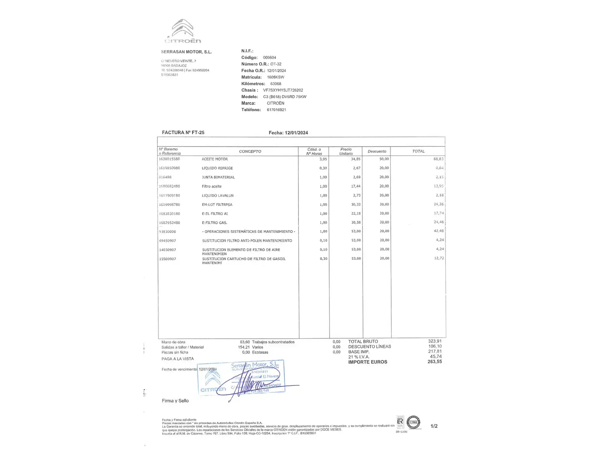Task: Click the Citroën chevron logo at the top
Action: click(182, 28)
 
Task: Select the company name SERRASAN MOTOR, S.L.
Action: click(186, 52)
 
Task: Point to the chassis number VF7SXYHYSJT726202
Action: click(283, 90)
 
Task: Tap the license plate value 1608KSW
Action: click(275, 77)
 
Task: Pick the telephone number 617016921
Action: click(276, 110)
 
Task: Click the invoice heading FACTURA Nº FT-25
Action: click(183, 132)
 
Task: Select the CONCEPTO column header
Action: click(250, 151)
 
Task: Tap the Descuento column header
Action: click(377, 151)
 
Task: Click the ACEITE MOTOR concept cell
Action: click(215, 159)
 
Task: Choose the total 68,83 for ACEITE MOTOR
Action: click(438, 159)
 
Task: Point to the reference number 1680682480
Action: click(170, 186)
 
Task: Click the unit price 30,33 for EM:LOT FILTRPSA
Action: click(356, 205)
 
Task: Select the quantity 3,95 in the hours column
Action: click(323, 159)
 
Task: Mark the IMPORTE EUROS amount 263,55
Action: click(435, 362)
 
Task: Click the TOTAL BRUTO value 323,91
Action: click(435, 341)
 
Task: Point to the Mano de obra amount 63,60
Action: click(245, 342)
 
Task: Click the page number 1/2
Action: click(434, 426)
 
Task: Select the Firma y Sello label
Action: click(175, 401)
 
